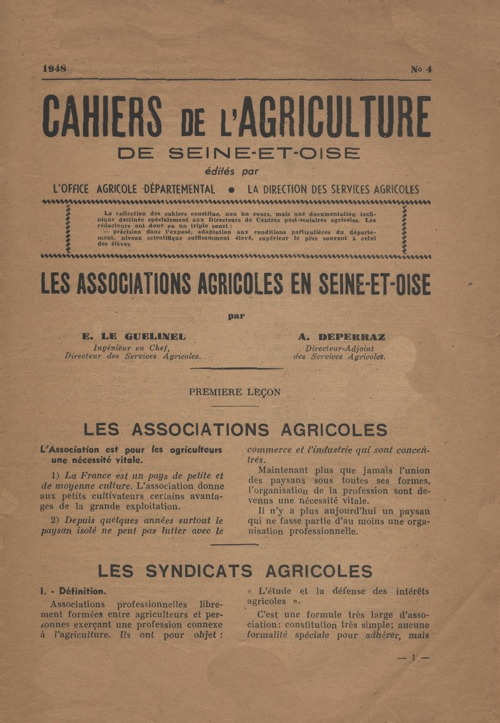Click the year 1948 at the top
pyautogui.click(x=55, y=69)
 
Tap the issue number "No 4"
pyautogui.click(x=421, y=69)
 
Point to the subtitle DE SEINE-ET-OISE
pyautogui.click(x=239, y=153)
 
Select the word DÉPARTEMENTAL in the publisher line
pyautogui.click(x=180, y=190)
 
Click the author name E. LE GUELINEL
pyautogui.click(x=134, y=337)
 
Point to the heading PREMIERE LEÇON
pyautogui.click(x=235, y=392)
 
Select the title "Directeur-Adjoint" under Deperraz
pyautogui.click(x=340, y=348)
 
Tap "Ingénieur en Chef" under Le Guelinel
pyautogui.click(x=131, y=348)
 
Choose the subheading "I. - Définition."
pyautogui.click(x=73, y=591)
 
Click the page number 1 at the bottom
pyautogui.click(x=414, y=657)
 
